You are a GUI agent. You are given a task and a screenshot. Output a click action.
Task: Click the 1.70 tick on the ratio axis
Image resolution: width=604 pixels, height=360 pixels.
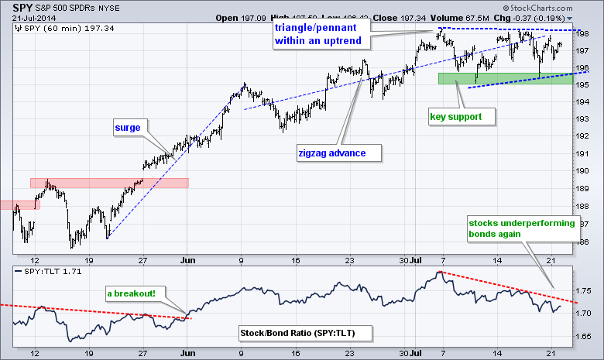tap(589, 314)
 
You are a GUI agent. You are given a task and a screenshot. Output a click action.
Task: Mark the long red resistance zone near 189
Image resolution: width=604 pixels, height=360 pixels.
tap(109, 183)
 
